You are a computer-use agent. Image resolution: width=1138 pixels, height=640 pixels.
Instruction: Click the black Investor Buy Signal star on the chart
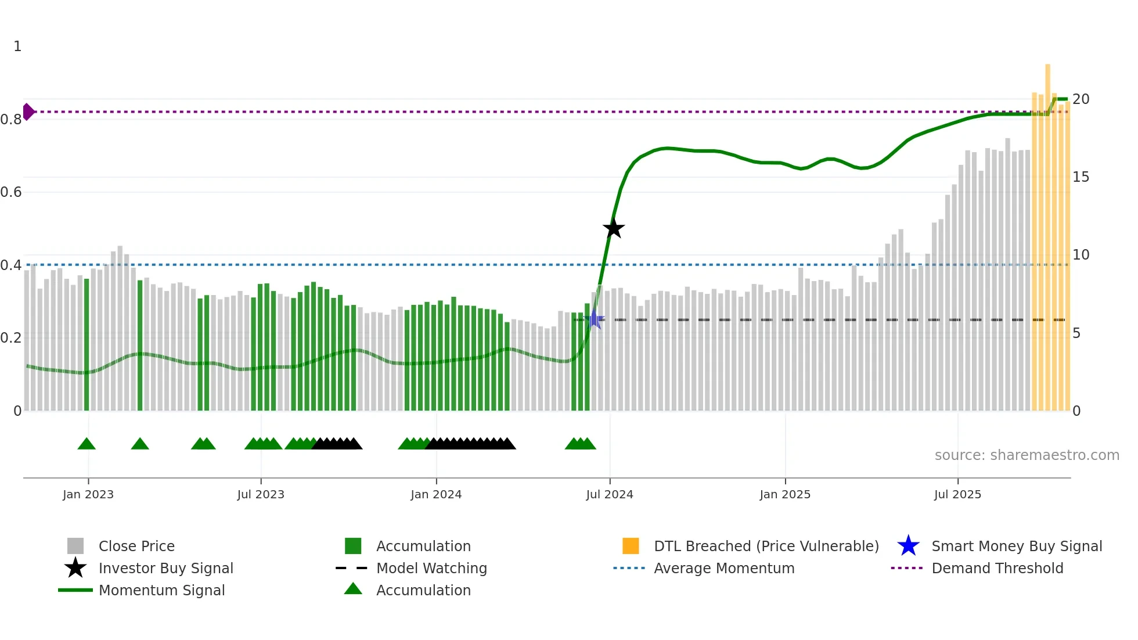pyautogui.click(x=613, y=228)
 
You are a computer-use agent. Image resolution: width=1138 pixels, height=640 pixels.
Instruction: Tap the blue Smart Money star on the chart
pyautogui.click(x=595, y=319)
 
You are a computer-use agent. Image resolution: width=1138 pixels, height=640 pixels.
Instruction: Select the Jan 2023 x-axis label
pyautogui.click(x=88, y=494)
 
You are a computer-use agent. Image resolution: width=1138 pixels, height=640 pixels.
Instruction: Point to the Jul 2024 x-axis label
pyautogui.click(x=610, y=494)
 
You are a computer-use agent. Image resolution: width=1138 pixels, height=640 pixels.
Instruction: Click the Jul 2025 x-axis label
pyautogui.click(x=957, y=494)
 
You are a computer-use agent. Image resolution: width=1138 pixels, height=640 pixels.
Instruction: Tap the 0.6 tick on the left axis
pyautogui.click(x=12, y=192)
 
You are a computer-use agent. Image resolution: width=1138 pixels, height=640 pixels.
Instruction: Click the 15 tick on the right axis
pyautogui.click(x=1081, y=177)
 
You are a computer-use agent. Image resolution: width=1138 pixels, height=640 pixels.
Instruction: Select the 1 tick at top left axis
pyautogui.click(x=17, y=46)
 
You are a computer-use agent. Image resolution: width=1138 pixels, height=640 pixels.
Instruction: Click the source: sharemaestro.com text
pyautogui.click(x=1027, y=455)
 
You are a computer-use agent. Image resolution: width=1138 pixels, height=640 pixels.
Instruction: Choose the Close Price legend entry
pyautogui.click(x=136, y=546)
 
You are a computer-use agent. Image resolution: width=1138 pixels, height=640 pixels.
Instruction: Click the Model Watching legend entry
pyautogui.click(x=431, y=568)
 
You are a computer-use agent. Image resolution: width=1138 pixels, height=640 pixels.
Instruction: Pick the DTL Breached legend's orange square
pyautogui.click(x=631, y=546)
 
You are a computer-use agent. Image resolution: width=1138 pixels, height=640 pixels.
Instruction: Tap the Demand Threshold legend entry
pyautogui.click(x=997, y=568)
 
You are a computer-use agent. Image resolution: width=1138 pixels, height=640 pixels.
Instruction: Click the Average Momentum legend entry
pyautogui.click(x=724, y=568)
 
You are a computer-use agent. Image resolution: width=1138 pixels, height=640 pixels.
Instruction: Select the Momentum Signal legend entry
pyautogui.click(x=161, y=590)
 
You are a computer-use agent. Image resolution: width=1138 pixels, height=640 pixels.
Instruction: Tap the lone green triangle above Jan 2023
pyautogui.click(x=87, y=444)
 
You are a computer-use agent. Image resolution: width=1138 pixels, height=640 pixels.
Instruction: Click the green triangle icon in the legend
pyautogui.click(x=353, y=589)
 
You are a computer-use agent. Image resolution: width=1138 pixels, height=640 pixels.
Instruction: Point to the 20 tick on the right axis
pyautogui.click(x=1081, y=99)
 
